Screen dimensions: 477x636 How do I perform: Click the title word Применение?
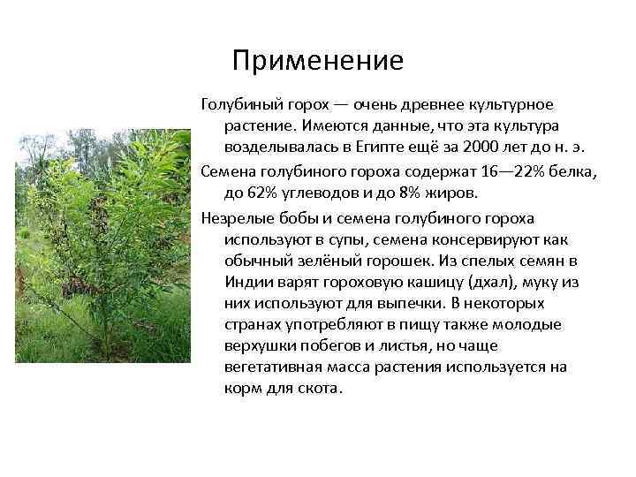pos(318,61)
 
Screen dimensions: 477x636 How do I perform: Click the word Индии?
pos(250,282)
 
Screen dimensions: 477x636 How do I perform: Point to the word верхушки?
pos(266,345)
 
